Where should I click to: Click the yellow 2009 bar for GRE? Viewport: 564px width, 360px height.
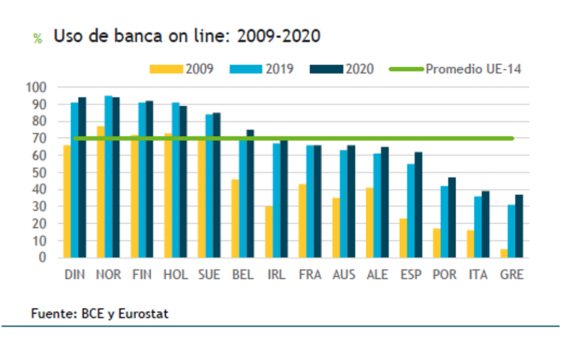click(503, 253)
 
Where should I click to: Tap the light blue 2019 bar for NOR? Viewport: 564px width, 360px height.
click(108, 176)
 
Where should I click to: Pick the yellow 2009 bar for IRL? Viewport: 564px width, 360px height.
click(268, 232)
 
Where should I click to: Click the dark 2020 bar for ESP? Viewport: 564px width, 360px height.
click(418, 205)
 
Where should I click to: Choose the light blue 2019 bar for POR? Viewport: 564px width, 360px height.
click(444, 222)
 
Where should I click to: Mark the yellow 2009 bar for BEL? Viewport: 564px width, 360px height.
click(235, 218)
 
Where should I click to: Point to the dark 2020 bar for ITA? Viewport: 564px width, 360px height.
click(485, 224)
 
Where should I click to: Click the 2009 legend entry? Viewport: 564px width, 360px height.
click(182, 69)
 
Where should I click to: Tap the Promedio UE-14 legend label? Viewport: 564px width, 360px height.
click(473, 69)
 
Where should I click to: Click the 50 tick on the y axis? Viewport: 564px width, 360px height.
click(39, 172)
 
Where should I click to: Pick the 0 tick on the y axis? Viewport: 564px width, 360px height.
click(42, 257)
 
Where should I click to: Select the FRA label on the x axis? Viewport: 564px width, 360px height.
click(310, 275)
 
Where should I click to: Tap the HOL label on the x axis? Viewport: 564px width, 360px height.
click(176, 275)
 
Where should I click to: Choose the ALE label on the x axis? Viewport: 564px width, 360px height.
click(377, 275)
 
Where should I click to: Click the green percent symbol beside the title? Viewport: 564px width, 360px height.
click(37, 39)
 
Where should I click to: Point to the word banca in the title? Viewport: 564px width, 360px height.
click(124, 36)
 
